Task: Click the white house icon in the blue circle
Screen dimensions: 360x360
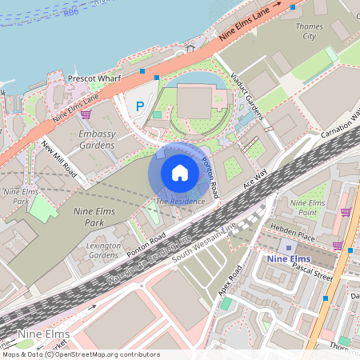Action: (x=180, y=172)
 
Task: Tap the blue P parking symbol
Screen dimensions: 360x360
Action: (x=141, y=106)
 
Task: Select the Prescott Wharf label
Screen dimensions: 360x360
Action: (x=94, y=80)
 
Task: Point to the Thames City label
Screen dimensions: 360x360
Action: (x=308, y=31)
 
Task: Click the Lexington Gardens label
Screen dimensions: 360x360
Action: (x=104, y=250)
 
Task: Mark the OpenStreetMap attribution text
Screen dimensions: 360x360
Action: (x=80, y=354)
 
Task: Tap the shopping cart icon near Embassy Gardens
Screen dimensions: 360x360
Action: (x=85, y=114)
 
